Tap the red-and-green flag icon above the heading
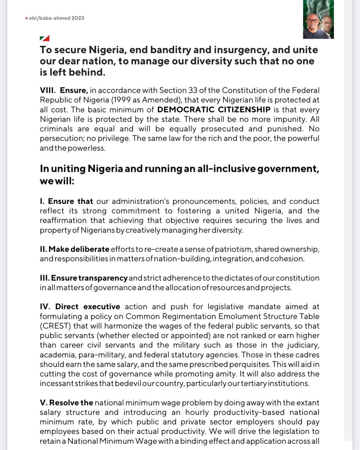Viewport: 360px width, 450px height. (x=44, y=38)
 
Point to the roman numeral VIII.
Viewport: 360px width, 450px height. (x=47, y=90)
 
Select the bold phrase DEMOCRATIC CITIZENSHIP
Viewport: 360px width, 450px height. (x=213, y=110)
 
